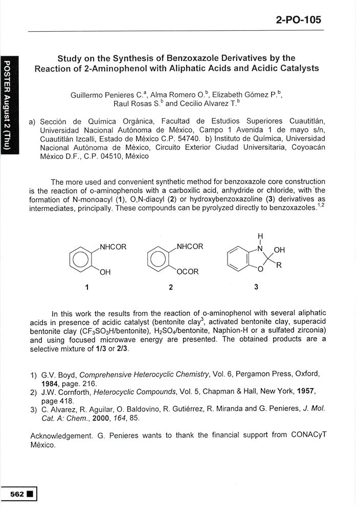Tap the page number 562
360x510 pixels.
pyautogui.click(x=18, y=494)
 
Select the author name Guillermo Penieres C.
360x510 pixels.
pyautogui.click(x=107, y=95)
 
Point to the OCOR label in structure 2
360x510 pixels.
pyautogui.click(x=187, y=272)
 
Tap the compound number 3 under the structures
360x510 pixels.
pyautogui.click(x=256, y=287)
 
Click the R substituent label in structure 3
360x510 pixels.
pyautogui.click(x=279, y=265)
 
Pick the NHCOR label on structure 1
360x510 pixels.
pyautogui.click(x=112, y=247)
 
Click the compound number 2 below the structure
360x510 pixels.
pyautogui.click(x=171, y=287)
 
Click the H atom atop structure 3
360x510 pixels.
pyautogui.click(x=260, y=236)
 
